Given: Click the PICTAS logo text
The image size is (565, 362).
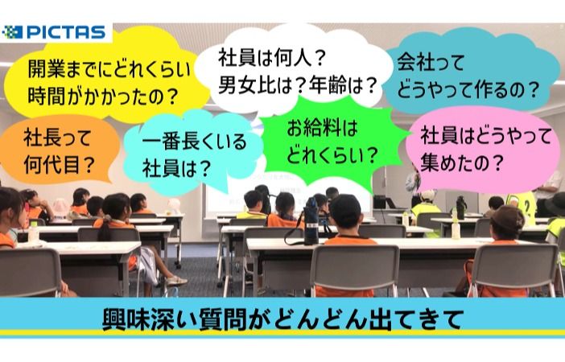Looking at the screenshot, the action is click(x=66, y=32).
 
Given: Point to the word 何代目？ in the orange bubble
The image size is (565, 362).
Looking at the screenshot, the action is click(x=59, y=165).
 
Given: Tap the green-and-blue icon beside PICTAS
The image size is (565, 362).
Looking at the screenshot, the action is click(x=13, y=32).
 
